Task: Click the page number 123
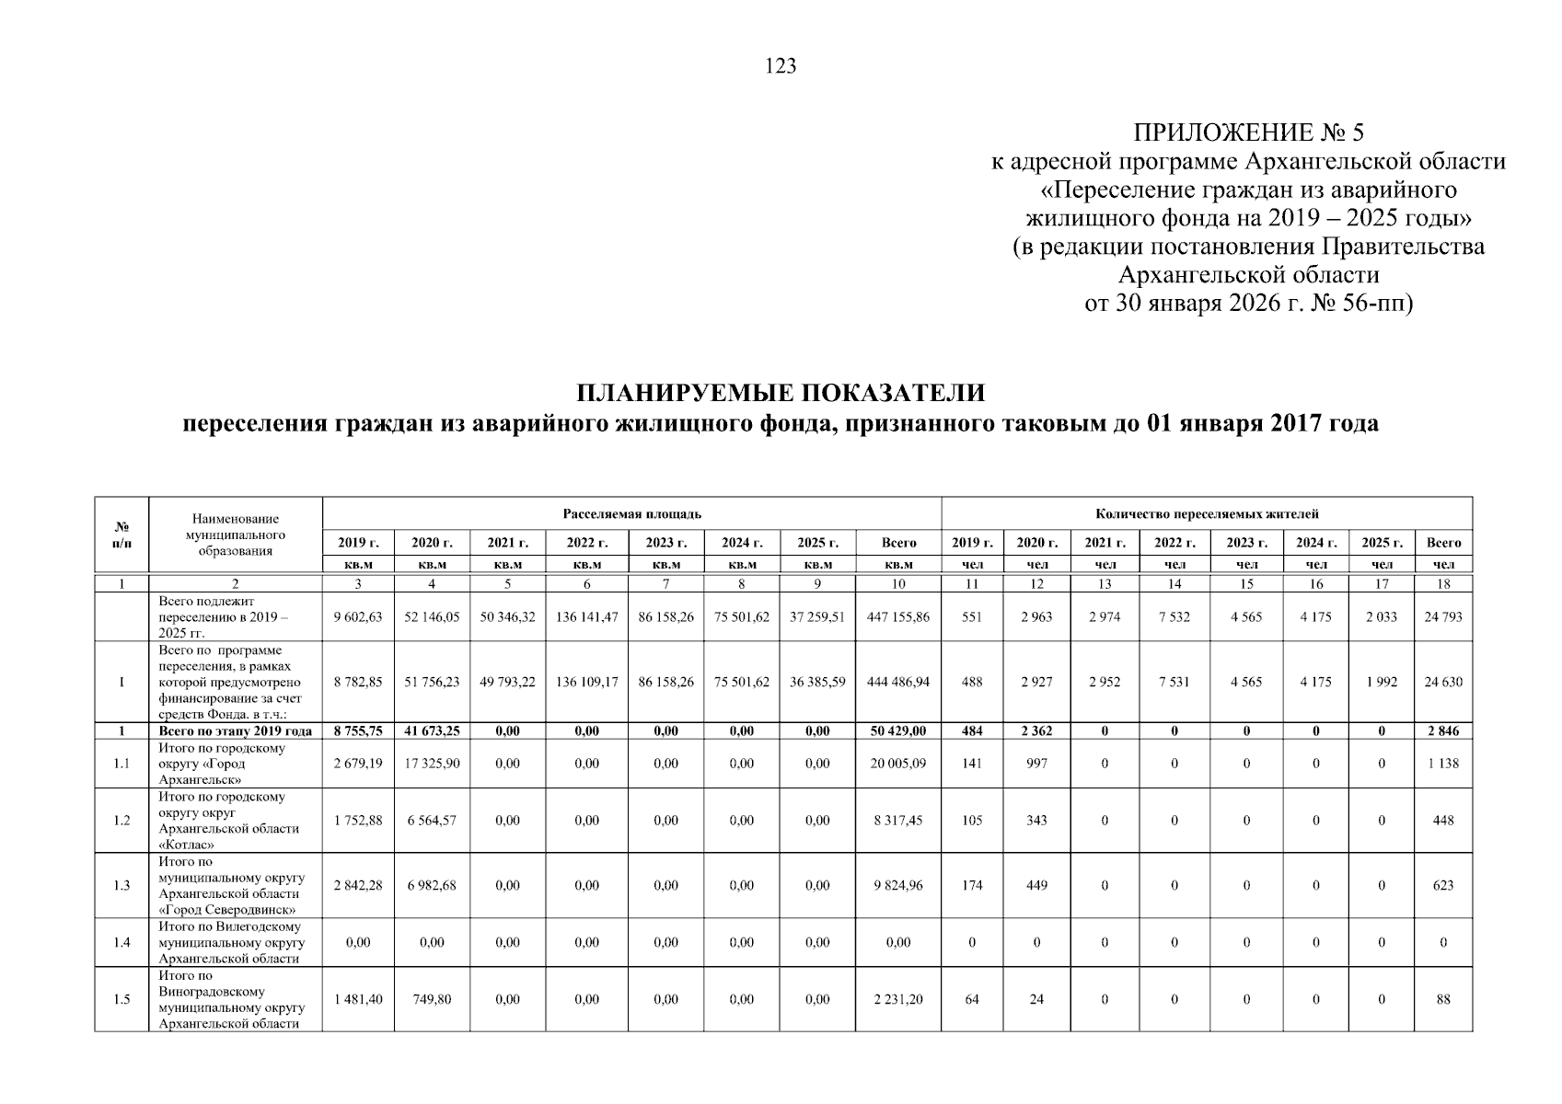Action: (780, 66)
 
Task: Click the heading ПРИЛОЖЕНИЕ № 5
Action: (1247, 132)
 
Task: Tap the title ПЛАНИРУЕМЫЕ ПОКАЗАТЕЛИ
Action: (780, 393)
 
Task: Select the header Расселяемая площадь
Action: (631, 513)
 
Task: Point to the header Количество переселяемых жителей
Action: (1206, 513)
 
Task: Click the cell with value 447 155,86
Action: (897, 617)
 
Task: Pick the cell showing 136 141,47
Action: (586, 617)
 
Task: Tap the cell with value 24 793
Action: (1442, 617)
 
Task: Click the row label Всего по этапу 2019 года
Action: (236, 731)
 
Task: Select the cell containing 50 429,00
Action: (897, 731)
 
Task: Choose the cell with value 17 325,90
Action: (432, 764)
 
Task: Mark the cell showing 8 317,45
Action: (897, 821)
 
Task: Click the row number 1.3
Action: (121, 886)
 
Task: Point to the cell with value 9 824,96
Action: (897, 886)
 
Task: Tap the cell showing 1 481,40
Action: (358, 999)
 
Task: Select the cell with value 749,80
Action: (432, 999)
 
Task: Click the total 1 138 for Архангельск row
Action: (1442, 764)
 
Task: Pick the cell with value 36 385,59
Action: (817, 683)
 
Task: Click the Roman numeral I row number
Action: (121, 683)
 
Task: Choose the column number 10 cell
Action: (897, 584)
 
